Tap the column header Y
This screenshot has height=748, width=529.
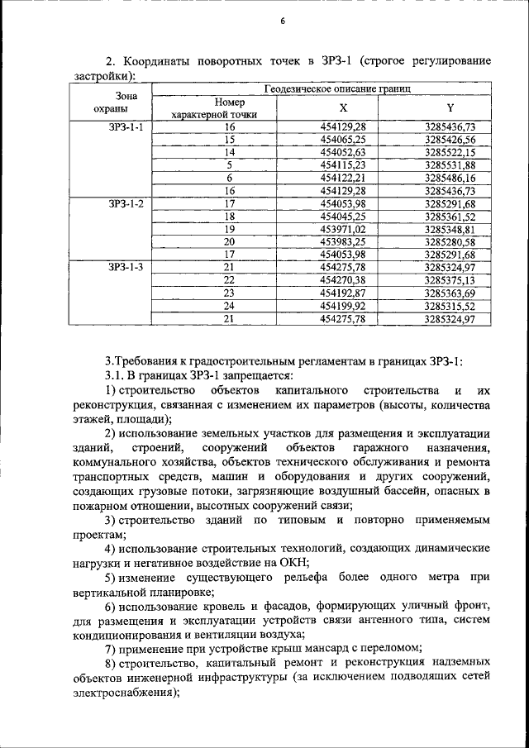[x=450, y=107]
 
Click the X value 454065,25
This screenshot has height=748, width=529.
[x=343, y=140]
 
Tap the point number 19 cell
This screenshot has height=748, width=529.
[x=230, y=228]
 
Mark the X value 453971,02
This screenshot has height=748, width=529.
[x=343, y=228]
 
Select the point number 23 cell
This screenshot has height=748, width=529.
[x=230, y=292]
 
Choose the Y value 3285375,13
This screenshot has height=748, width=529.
[x=450, y=279]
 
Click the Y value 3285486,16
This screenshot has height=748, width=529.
[x=450, y=178]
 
